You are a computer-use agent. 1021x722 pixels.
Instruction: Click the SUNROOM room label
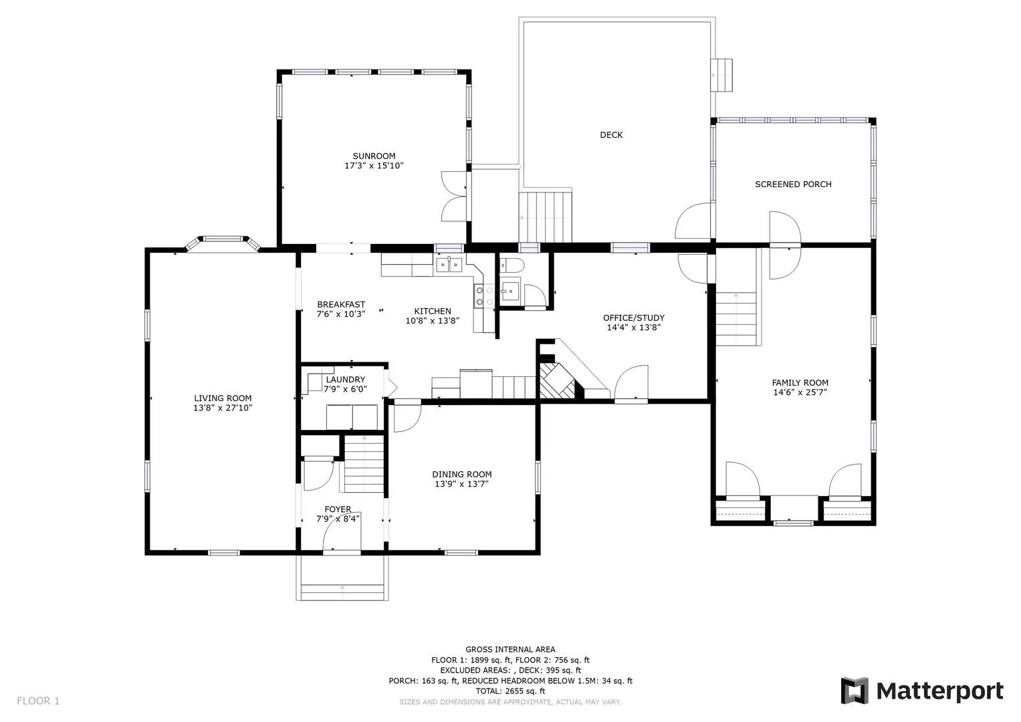374,156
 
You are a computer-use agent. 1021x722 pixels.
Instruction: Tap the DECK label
610,135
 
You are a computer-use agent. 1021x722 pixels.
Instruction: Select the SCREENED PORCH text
793,184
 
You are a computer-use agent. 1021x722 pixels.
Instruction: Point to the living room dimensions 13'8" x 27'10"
223,407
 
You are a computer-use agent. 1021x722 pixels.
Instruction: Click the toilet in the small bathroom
512,265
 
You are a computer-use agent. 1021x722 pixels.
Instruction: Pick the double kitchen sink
449,265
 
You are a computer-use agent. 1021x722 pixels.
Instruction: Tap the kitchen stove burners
484,296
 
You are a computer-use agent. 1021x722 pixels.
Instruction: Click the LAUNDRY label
346,380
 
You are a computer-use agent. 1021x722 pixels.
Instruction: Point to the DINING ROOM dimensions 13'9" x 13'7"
461,483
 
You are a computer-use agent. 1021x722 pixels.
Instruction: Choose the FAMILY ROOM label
800,383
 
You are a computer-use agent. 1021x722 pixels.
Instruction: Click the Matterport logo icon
854,691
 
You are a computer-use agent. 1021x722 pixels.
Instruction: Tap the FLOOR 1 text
38,701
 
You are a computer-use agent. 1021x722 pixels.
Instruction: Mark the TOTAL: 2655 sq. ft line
510,691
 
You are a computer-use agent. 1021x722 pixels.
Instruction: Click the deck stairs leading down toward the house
546,216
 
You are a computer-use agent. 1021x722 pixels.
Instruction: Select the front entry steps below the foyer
342,588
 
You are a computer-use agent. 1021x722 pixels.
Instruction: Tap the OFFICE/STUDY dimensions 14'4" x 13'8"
633,328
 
